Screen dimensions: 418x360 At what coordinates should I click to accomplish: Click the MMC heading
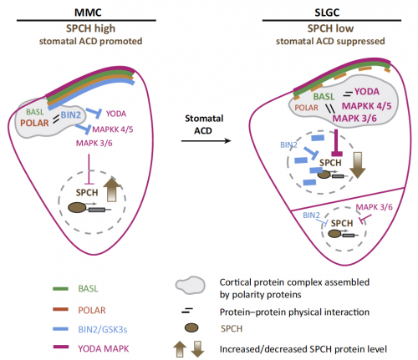(x=88, y=13)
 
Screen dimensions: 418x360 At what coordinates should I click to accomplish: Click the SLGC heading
(x=327, y=13)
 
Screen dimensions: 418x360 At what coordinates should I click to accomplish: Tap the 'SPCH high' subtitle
(x=90, y=28)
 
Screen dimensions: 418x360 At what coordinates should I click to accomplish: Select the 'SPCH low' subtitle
(x=330, y=28)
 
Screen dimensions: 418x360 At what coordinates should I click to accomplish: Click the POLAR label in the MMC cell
(x=34, y=123)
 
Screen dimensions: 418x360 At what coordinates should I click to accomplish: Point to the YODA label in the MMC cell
(x=116, y=114)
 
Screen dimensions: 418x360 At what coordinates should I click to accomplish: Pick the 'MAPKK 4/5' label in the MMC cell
(x=113, y=129)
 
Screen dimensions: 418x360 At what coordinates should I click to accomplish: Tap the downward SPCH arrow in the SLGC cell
(x=358, y=165)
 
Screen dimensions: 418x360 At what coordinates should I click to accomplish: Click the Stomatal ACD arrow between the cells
(x=206, y=141)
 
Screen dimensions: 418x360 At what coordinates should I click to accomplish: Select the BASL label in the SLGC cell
(x=324, y=97)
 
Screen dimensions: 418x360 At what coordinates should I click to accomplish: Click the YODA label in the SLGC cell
(x=367, y=92)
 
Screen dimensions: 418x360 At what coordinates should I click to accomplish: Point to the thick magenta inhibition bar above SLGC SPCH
(x=336, y=143)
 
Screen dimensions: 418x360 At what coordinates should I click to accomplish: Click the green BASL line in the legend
(x=60, y=289)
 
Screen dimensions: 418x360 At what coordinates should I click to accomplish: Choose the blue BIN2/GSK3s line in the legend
(x=60, y=329)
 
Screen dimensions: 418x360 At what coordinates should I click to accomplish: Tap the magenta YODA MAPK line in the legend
(x=60, y=347)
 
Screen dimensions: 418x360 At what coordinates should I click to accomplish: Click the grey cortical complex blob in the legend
(x=191, y=285)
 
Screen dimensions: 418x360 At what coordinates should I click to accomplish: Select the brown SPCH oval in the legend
(x=191, y=327)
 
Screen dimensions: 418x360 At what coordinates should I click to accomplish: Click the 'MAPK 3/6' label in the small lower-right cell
(x=375, y=207)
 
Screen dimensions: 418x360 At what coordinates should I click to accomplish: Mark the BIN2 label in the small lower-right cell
(x=311, y=215)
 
